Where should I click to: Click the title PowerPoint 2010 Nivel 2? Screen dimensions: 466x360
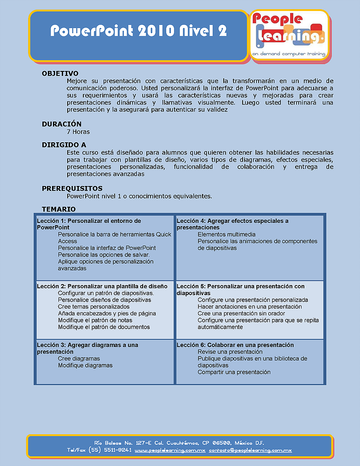(x=138, y=31)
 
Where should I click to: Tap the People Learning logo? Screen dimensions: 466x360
(x=289, y=32)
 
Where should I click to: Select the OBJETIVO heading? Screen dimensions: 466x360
(x=60, y=73)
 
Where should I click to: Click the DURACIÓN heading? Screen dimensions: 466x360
(x=62, y=124)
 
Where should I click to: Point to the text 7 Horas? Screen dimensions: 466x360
(x=78, y=132)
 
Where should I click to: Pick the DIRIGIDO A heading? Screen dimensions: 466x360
(x=64, y=145)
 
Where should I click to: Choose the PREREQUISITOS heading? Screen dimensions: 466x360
(x=72, y=188)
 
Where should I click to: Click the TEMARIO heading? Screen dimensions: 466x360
(x=58, y=209)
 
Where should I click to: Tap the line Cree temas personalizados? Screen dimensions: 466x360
(x=94, y=307)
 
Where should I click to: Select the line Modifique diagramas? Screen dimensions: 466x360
(x=85, y=365)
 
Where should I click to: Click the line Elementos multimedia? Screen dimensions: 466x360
(x=226, y=234)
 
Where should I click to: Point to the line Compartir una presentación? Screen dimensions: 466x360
(x=234, y=372)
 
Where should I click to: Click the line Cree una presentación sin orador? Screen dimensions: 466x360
(x=241, y=314)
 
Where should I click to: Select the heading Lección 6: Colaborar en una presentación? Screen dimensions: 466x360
(x=235, y=345)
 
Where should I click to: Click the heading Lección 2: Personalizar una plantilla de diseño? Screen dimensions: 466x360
(x=105, y=286)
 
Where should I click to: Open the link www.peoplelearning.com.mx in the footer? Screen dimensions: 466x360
(x=170, y=450)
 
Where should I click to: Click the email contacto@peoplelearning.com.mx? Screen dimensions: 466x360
(x=250, y=450)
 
